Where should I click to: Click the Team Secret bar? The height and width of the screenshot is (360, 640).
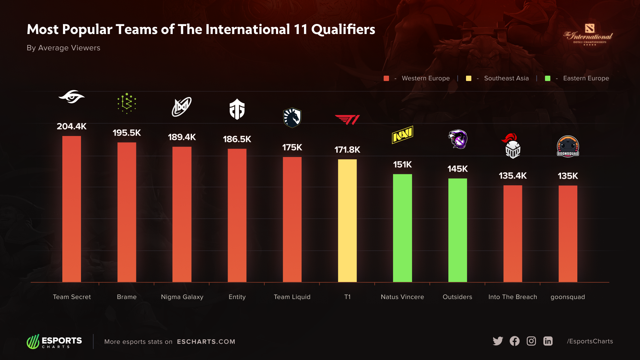click(x=72, y=209)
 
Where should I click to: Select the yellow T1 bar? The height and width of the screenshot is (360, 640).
click(x=347, y=221)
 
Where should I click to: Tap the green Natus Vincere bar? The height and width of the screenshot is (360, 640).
click(x=402, y=228)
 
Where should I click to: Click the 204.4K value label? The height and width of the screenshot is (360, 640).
click(x=72, y=126)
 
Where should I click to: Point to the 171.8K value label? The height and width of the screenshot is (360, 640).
click(x=347, y=150)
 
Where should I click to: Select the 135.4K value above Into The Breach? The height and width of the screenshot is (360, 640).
click(x=513, y=176)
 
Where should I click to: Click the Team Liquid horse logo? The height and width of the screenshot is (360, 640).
click(x=292, y=118)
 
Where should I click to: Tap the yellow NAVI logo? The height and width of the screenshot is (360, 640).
click(x=402, y=135)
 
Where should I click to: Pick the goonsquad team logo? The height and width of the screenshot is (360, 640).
click(x=568, y=146)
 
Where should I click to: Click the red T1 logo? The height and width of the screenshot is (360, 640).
click(x=347, y=120)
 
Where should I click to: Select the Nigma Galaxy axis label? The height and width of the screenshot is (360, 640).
click(x=182, y=297)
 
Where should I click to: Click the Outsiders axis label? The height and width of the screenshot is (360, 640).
click(x=457, y=297)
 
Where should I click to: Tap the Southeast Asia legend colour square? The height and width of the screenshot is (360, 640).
click(x=468, y=78)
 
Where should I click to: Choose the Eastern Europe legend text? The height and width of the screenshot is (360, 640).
click(x=586, y=78)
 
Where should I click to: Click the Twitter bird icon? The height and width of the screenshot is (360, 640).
click(x=498, y=341)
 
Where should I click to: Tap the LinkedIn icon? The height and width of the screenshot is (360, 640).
click(x=548, y=341)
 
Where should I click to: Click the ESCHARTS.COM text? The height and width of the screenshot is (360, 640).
click(x=206, y=342)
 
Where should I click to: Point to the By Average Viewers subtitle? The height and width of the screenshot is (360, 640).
click(x=63, y=48)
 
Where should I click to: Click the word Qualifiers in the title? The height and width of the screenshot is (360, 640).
click(x=343, y=29)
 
